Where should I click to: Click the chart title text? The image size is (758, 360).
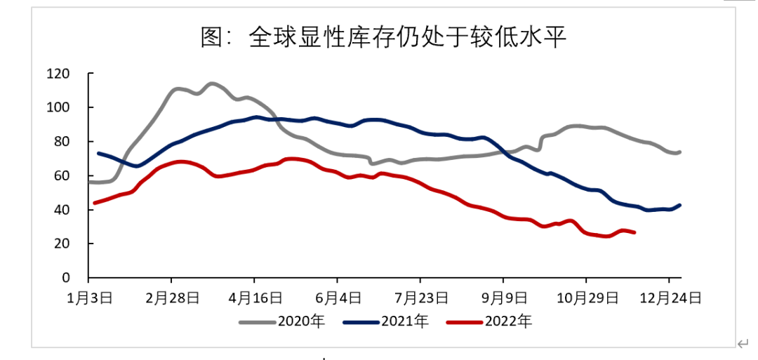(383, 38)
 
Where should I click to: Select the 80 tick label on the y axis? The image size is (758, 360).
(62, 142)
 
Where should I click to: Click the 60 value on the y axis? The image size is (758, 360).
(62, 175)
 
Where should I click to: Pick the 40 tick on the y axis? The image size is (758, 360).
(62, 210)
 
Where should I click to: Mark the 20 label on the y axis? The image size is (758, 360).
(62, 244)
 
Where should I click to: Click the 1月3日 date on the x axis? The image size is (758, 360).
(91, 298)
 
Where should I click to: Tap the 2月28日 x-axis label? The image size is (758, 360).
(171, 298)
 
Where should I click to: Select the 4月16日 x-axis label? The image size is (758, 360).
(254, 298)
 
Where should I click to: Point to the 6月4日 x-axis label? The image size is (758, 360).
(337, 298)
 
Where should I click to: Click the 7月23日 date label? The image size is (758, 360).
(420, 298)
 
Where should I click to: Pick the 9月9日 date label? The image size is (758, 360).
(503, 298)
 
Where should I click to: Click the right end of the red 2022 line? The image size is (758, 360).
(634, 232)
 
